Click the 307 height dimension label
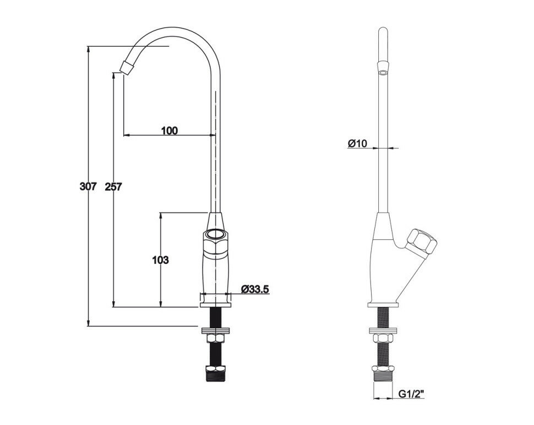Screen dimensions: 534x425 tap(88, 186)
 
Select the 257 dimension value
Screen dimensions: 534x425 tap(113, 186)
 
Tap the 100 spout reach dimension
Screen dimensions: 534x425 tap(169, 130)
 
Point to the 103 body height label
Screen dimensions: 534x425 tap(160, 260)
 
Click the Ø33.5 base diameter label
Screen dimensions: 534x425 tap(255, 289)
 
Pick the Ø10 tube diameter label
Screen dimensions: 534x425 tap(357, 143)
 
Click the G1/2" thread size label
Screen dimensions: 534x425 tap(411, 394)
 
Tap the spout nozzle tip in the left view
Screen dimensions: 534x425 tap(127, 67)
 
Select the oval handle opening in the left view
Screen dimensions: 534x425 tap(216, 234)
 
